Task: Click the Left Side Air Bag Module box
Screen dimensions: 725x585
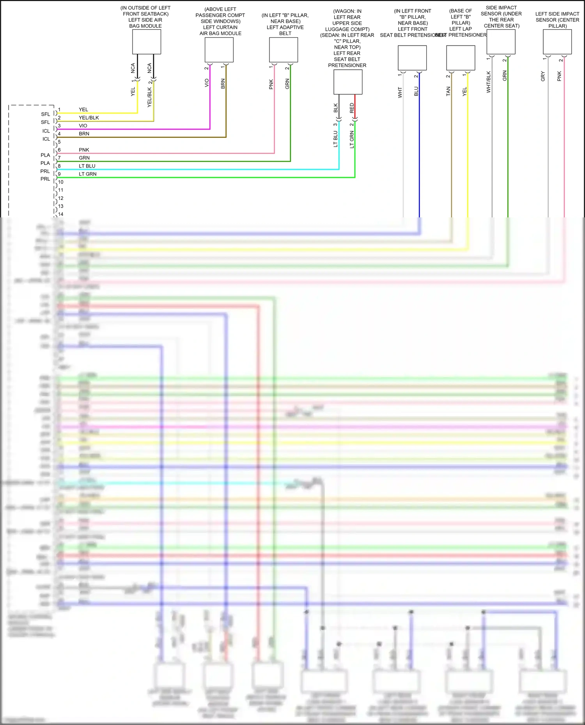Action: click(x=147, y=42)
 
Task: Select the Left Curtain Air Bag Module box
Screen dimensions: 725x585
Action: click(x=219, y=50)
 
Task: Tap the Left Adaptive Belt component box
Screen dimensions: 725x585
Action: click(x=284, y=50)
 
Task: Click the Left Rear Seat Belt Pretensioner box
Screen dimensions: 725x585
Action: click(x=348, y=82)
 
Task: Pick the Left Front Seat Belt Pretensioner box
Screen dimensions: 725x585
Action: click(x=412, y=58)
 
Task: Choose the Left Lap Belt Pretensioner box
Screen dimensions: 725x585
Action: click(x=461, y=58)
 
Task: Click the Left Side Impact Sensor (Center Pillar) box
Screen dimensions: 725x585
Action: click(x=557, y=42)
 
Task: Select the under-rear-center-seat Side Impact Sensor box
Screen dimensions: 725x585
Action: click(x=501, y=42)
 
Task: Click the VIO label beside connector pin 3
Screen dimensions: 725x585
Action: click(x=83, y=126)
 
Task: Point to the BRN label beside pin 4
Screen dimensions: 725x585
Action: click(x=84, y=134)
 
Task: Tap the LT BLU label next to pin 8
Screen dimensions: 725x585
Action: click(x=87, y=166)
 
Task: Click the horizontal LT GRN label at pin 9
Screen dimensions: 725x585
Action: click(x=88, y=174)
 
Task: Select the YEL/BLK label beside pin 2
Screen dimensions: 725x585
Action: click(x=89, y=118)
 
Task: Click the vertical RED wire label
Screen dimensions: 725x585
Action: click(x=352, y=108)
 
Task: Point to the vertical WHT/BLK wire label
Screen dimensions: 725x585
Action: click(x=489, y=82)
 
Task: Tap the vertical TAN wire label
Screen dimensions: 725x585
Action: click(x=448, y=92)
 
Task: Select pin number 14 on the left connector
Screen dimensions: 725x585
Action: click(x=61, y=214)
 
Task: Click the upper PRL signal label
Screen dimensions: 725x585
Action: click(x=45, y=171)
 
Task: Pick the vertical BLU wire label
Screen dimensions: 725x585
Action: click(x=416, y=92)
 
